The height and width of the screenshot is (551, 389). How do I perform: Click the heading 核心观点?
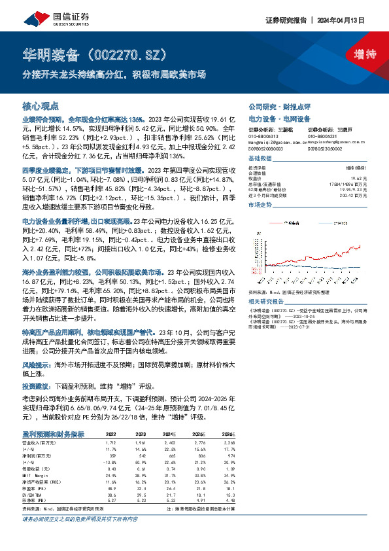[41, 105]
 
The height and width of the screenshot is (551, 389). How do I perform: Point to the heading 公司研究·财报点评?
[283, 106]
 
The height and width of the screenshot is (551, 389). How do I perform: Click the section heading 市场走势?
[261, 205]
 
